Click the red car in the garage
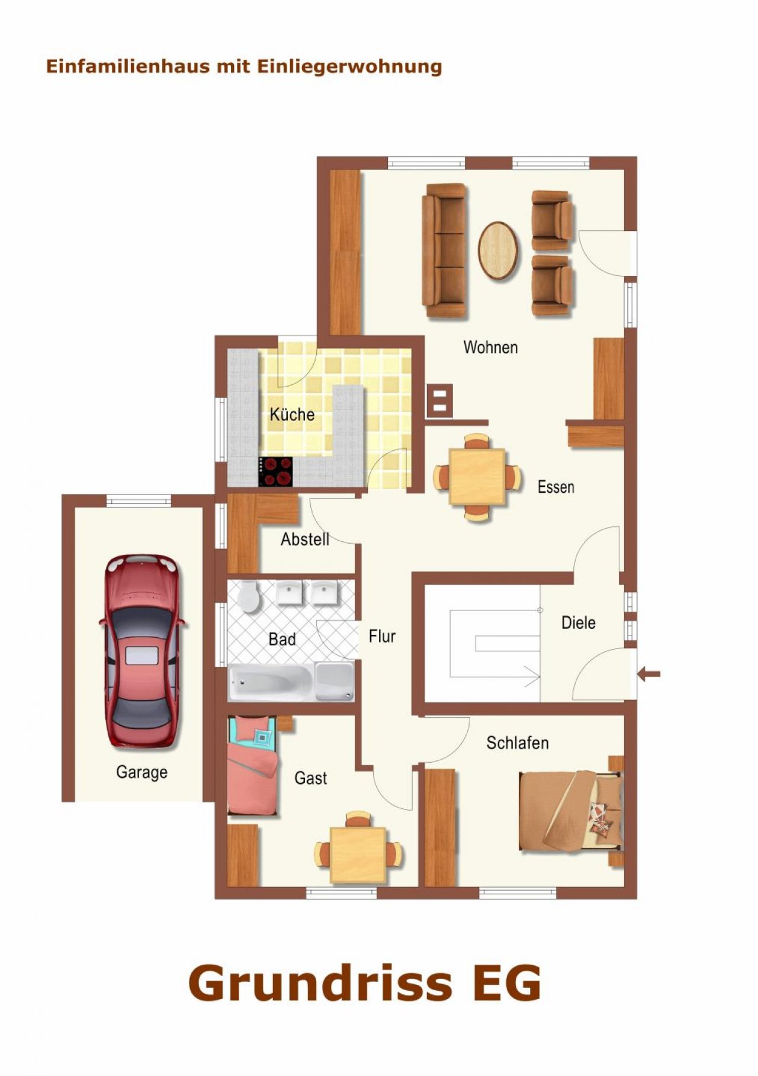click(142, 651)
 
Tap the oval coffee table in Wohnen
click(498, 250)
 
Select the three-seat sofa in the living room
click(444, 250)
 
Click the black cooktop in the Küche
click(275, 472)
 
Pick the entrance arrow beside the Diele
click(649, 673)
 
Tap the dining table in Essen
click(477, 477)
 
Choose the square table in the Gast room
click(358, 854)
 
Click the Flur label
click(382, 637)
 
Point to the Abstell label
click(305, 539)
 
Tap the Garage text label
click(142, 772)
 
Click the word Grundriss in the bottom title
click(320, 982)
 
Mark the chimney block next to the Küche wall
click(439, 400)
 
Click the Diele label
click(579, 622)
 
